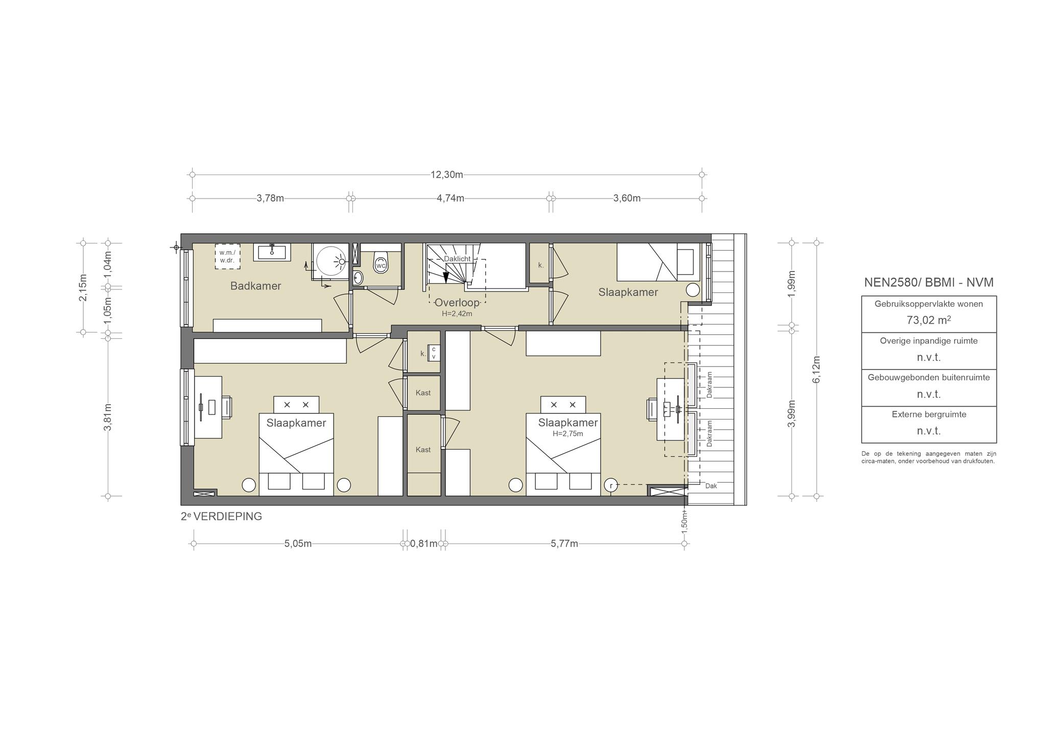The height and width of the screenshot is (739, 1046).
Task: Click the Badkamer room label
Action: tap(255, 286)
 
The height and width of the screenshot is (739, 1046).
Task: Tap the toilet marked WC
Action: tap(381, 262)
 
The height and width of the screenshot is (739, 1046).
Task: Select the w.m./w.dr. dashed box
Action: tap(227, 256)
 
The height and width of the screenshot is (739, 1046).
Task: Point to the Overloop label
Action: tap(457, 303)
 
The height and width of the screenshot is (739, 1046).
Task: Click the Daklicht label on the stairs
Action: tap(457, 259)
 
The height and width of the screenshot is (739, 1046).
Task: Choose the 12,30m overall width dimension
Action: tap(447, 175)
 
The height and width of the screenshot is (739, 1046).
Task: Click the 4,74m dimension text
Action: tap(450, 198)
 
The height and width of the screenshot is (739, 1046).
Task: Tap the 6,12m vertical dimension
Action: tap(816, 370)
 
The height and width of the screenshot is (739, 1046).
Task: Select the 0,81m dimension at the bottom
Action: tap(424, 544)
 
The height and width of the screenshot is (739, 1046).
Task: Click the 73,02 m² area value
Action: tap(929, 320)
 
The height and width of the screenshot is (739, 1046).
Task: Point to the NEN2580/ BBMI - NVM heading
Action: tap(929, 282)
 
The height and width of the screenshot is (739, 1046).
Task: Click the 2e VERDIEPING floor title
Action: tap(221, 516)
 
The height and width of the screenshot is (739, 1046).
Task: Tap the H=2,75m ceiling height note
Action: tap(568, 434)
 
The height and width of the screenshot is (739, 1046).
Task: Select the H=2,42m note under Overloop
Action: tap(457, 313)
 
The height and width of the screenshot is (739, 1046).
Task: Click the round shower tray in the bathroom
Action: tap(331, 261)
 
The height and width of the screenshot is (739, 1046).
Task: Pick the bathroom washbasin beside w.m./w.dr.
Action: tap(272, 252)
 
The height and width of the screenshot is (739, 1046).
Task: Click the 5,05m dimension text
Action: tap(298, 544)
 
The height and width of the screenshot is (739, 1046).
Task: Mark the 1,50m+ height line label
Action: tap(684, 521)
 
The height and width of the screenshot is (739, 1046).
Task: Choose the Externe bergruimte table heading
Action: tap(929, 414)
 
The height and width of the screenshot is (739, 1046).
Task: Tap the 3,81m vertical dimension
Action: tap(108, 417)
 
